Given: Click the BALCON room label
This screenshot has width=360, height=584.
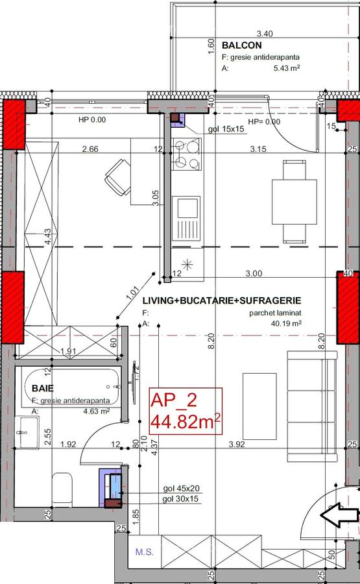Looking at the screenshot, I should [x=241, y=46].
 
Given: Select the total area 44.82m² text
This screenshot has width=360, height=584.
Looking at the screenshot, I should [x=186, y=423].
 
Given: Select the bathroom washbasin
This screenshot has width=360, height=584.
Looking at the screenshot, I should [x=27, y=431].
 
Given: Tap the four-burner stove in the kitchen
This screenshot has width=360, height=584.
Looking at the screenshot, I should [x=185, y=154].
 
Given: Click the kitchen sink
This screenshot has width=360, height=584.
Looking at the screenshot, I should [x=187, y=210].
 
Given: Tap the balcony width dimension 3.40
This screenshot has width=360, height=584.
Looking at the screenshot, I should [x=263, y=33].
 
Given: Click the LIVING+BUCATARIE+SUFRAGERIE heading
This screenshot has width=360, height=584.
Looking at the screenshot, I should [x=221, y=300].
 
